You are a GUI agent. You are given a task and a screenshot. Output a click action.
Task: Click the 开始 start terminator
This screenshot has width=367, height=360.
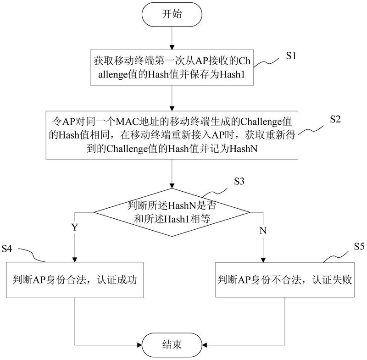[172, 14]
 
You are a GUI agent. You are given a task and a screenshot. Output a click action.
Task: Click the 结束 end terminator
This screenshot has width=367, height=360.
[172, 344]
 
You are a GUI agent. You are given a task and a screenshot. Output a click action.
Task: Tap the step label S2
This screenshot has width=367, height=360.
[335, 118]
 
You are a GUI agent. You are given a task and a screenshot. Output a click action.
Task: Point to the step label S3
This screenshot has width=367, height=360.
[239, 181]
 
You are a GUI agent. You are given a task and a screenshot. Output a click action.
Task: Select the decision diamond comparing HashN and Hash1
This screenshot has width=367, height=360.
[172, 212]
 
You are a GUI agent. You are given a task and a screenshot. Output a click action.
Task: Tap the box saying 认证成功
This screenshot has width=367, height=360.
[75, 279]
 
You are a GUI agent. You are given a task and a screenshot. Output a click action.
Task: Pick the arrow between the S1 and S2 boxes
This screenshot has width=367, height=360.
[172, 98]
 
